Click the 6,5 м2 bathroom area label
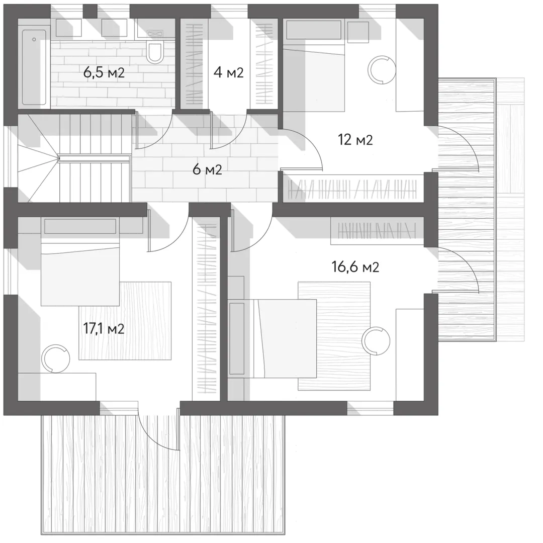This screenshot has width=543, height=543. (x=104, y=73)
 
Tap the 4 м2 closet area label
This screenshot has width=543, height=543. (x=229, y=72)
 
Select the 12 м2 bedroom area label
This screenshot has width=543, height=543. (x=355, y=140)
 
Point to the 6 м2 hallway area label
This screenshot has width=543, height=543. (x=207, y=170)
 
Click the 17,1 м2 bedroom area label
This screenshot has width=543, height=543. (x=104, y=329)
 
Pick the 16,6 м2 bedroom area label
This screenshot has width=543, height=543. (x=355, y=267)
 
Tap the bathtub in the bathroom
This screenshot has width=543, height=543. (x=34, y=67)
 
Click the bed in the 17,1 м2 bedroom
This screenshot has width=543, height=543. (x=80, y=262)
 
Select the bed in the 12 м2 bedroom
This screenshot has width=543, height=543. (x=314, y=65)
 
